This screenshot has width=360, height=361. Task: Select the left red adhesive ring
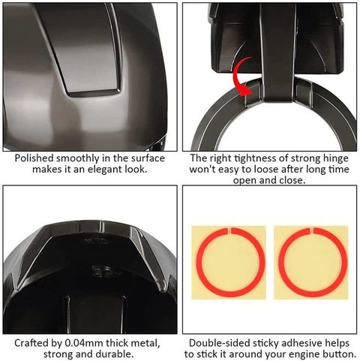pyautogui.click(x=197, y=262)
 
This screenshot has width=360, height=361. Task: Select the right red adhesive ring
pyautogui.click(x=280, y=262)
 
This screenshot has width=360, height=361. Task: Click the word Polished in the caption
pyautogui.click(x=34, y=158)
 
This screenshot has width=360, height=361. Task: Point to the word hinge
pyautogui.click(x=335, y=158)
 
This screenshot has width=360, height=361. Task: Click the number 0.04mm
pyautogui.click(x=83, y=343)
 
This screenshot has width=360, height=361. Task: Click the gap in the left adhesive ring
pyautogui.click(x=229, y=230)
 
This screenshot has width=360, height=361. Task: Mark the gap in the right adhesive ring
pyautogui.click(x=312, y=230)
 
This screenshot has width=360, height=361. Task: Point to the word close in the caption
pyautogui.click(x=292, y=180)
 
